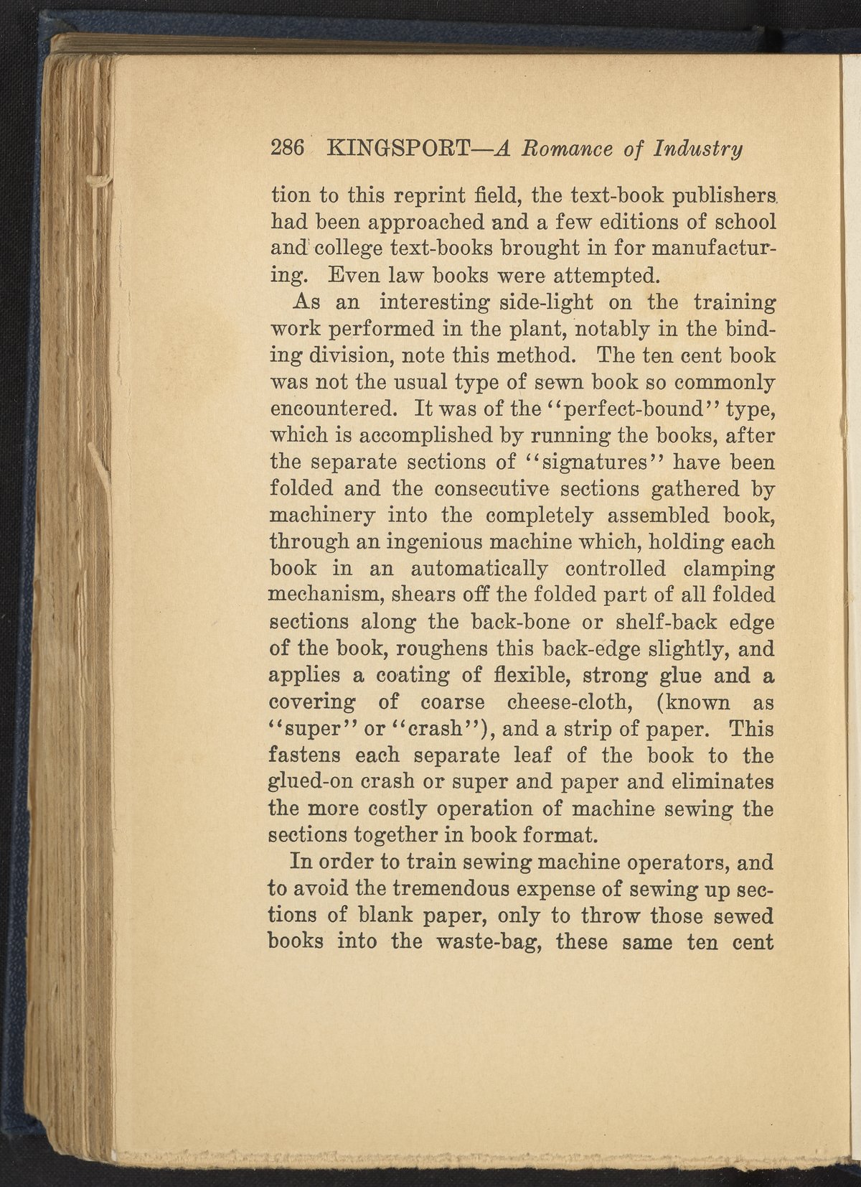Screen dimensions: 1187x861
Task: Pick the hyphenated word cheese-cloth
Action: [x=567, y=703]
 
